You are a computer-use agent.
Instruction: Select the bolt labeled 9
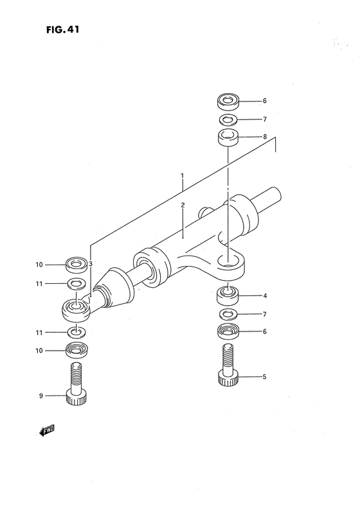76,385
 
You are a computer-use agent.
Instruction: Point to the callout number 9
41,396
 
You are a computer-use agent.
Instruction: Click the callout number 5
264,376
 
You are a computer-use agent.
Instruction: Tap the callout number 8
264,137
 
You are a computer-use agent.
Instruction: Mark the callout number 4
264,296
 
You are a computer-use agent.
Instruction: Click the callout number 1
183,175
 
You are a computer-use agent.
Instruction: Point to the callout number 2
183,206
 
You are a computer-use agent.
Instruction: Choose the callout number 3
91,263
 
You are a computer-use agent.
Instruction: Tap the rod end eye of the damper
76,311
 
